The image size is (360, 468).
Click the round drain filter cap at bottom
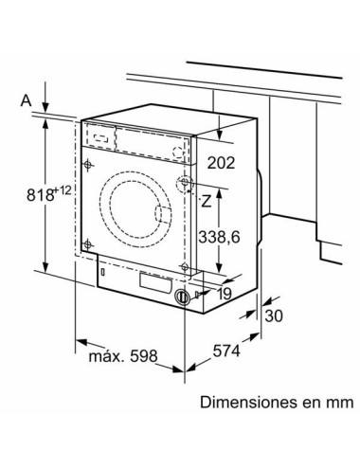(182, 297)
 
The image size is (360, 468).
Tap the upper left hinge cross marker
(88, 167)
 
